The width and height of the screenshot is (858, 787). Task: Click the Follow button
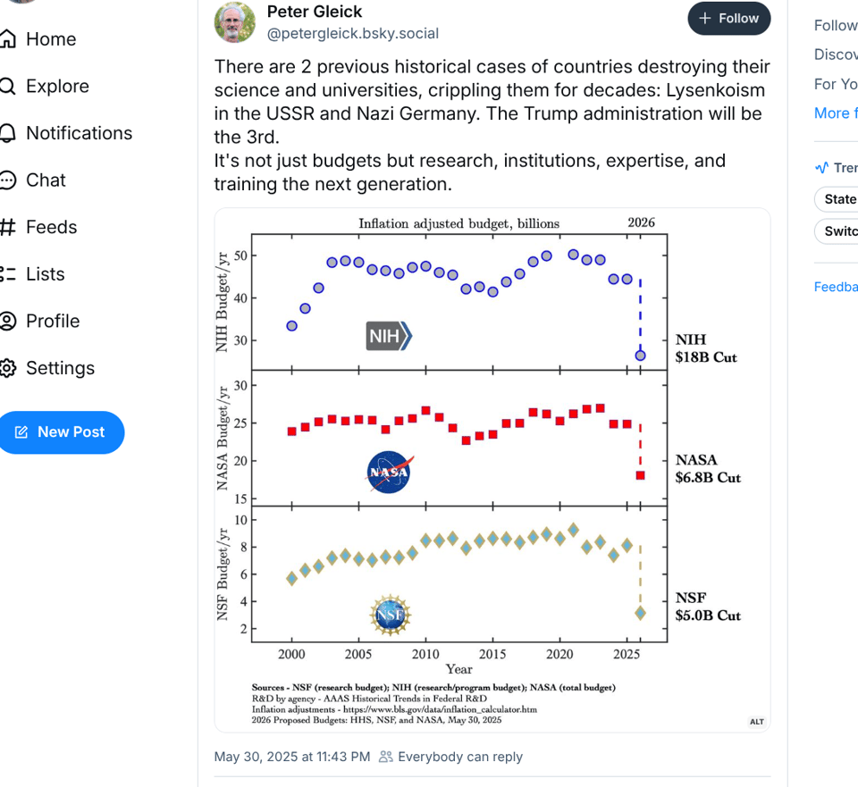(728, 19)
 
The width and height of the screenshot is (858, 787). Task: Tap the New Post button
(60, 432)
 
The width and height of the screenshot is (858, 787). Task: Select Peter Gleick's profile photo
(235, 22)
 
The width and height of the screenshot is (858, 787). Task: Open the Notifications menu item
(79, 133)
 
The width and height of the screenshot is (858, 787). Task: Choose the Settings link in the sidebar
(61, 368)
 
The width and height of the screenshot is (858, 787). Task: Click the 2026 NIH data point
(640, 356)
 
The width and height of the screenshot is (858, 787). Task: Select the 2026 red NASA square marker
(640, 475)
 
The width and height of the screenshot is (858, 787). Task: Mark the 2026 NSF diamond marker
(640, 613)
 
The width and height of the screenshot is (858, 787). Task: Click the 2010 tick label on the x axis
(425, 654)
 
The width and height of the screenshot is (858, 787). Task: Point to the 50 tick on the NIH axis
(240, 255)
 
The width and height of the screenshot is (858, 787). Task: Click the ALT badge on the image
(757, 721)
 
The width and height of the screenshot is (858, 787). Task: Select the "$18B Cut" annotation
(706, 357)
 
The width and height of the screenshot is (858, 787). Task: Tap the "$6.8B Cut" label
(708, 477)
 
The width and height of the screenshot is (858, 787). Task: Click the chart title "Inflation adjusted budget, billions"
(458, 223)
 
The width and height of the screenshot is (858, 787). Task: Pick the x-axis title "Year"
(458, 669)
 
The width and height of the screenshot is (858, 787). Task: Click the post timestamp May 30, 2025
(291, 757)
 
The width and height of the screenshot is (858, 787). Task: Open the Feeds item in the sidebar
(51, 227)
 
